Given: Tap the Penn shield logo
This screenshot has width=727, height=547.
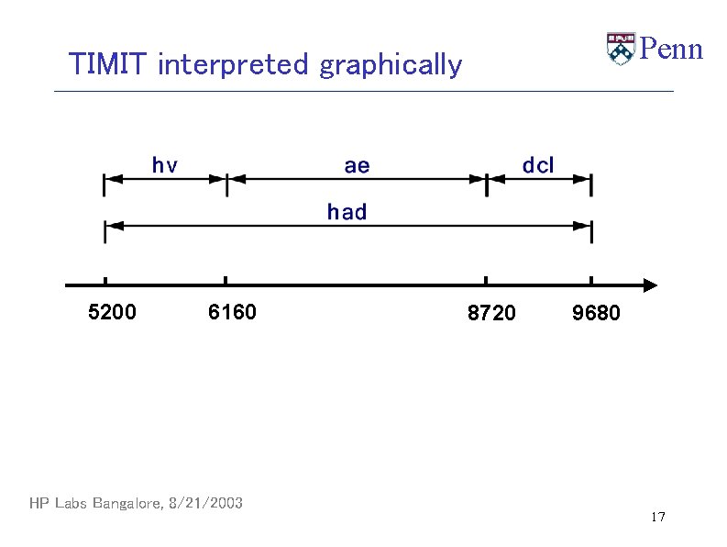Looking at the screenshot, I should pyautogui.click(x=621, y=49).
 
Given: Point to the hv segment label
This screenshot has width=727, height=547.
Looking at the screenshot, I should pyautogui.click(x=165, y=165).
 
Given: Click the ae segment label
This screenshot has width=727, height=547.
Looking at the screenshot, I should pyautogui.click(x=357, y=165).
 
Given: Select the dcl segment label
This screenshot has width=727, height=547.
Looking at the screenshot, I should pyautogui.click(x=538, y=165).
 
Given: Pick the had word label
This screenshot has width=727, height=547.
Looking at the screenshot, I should pyautogui.click(x=347, y=212).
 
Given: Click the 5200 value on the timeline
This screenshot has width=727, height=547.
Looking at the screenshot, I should pyautogui.click(x=112, y=313).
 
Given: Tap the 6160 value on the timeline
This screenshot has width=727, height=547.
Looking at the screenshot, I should pyautogui.click(x=232, y=313).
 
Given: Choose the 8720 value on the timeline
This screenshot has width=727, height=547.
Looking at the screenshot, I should pyautogui.click(x=491, y=314).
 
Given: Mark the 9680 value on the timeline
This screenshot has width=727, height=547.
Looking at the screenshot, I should pyautogui.click(x=596, y=314).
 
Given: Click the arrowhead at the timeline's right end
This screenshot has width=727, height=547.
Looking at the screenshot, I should pyautogui.click(x=650, y=285).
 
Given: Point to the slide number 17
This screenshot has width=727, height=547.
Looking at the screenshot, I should pyautogui.click(x=657, y=518).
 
